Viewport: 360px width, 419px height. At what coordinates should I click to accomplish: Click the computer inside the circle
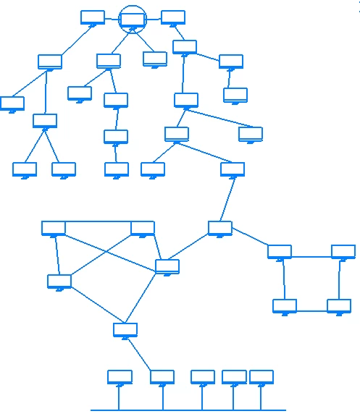point(133,20)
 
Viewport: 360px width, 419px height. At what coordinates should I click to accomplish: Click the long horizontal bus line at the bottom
point(188,410)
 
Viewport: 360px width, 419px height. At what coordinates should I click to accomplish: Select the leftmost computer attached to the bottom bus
point(120,377)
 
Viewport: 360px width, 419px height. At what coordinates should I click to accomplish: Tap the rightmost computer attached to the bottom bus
point(261,377)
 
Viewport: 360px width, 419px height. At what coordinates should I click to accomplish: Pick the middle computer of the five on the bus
point(203,377)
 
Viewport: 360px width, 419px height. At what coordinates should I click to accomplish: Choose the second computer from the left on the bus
point(162,377)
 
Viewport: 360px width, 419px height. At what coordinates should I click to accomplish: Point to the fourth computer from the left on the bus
point(234,377)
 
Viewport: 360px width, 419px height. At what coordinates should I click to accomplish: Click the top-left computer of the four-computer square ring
point(280,252)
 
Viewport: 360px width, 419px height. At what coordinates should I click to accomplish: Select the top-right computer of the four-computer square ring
point(343,252)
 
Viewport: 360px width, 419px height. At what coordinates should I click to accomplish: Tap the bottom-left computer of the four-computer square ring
point(285,306)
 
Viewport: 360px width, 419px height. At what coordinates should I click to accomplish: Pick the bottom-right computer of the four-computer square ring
point(339,306)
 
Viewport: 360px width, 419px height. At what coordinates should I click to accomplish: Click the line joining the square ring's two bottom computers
point(311,311)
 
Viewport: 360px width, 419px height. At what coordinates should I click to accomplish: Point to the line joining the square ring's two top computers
point(311,255)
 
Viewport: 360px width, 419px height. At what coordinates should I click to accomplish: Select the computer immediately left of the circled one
point(93,17)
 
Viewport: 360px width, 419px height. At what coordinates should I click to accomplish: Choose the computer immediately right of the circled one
point(173,17)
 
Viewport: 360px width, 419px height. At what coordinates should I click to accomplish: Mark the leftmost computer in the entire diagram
point(12,103)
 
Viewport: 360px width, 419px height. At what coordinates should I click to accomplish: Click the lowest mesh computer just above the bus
point(125,330)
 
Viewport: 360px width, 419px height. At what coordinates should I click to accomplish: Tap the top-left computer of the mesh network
point(54,229)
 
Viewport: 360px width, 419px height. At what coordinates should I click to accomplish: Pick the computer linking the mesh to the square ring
point(220,228)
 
